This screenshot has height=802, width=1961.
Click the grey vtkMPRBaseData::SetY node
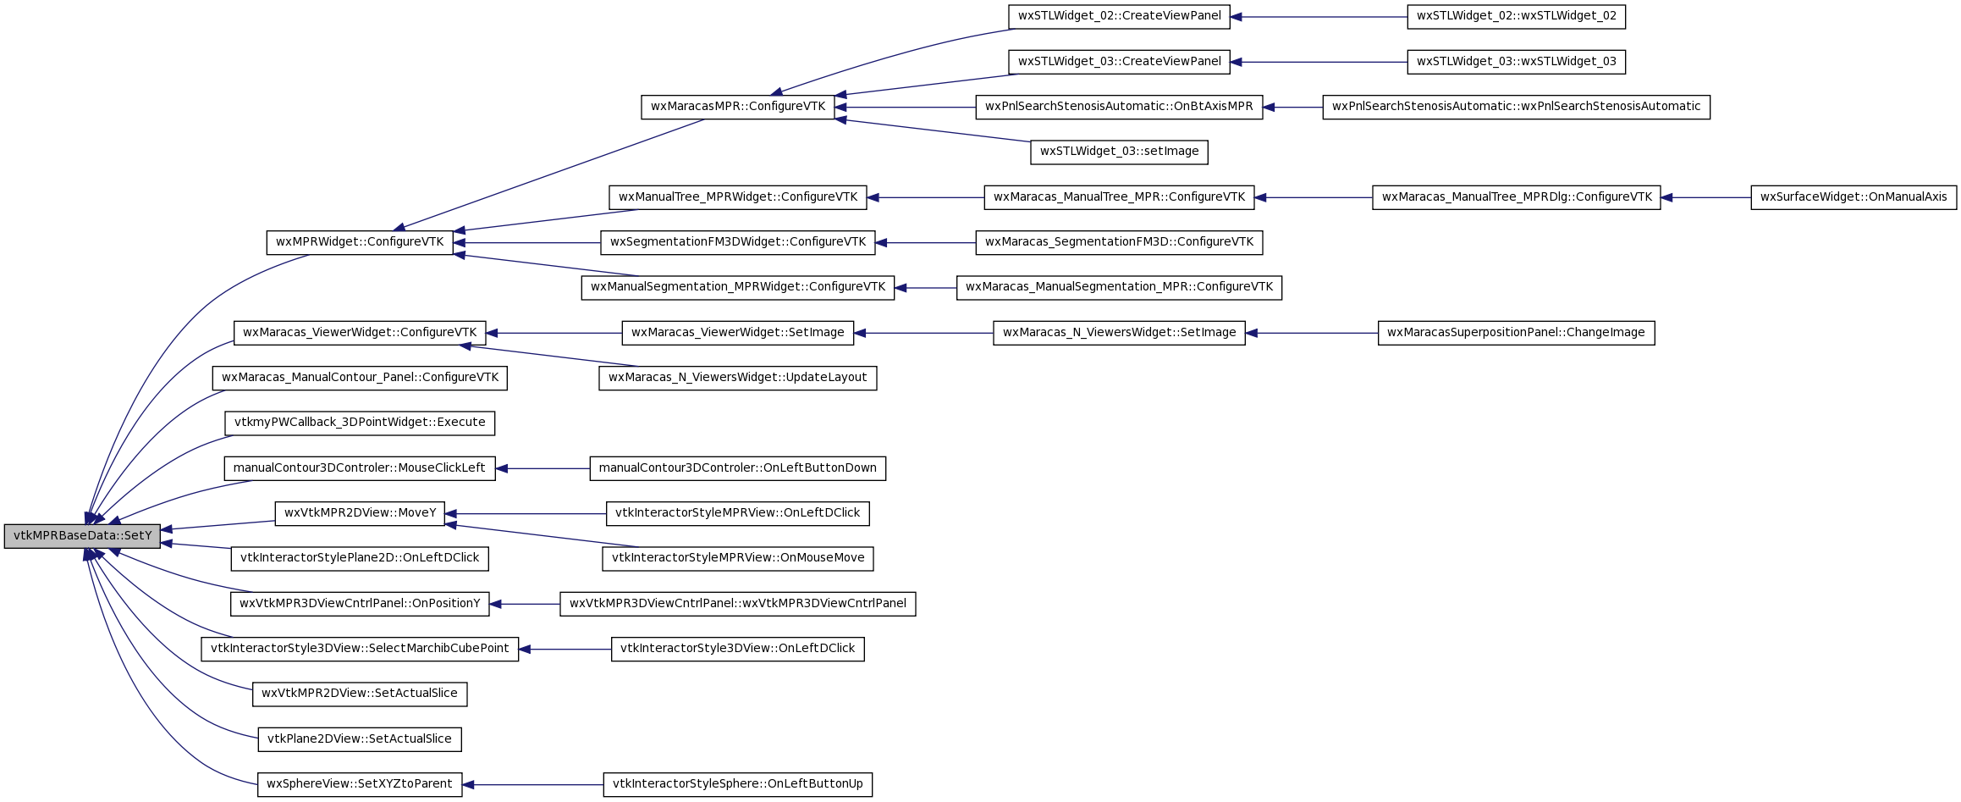point(82,536)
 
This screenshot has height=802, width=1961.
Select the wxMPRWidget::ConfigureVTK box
point(360,242)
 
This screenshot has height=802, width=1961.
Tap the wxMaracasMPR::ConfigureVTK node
point(738,107)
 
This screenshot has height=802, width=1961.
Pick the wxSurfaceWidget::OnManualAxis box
point(1854,197)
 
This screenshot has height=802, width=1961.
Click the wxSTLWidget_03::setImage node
point(1119,152)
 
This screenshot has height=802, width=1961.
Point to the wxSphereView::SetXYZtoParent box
point(360,784)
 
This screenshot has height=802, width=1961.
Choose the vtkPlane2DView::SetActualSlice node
point(360,739)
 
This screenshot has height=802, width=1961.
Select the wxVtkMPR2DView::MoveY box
point(360,513)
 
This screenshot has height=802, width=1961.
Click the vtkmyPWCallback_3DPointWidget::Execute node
point(360,423)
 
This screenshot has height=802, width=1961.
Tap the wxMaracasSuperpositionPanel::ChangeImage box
point(1516,333)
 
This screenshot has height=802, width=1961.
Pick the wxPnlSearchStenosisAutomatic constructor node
point(1516,107)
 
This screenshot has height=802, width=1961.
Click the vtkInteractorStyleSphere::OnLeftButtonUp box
point(737,784)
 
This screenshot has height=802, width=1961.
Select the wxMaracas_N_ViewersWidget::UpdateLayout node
point(737,378)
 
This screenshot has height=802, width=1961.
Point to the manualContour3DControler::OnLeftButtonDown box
point(737,468)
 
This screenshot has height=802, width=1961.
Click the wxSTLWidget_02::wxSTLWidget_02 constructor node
point(1516,16)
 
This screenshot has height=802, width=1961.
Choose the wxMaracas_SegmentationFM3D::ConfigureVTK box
point(1119,242)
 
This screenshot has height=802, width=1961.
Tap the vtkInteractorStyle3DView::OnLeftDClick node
point(737,649)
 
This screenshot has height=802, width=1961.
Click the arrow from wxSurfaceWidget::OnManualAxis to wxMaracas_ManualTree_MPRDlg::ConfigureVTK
point(1705,197)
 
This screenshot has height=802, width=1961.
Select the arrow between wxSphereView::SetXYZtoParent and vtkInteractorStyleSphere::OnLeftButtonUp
point(532,785)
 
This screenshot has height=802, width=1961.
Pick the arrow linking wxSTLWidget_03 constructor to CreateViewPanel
point(1319,62)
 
